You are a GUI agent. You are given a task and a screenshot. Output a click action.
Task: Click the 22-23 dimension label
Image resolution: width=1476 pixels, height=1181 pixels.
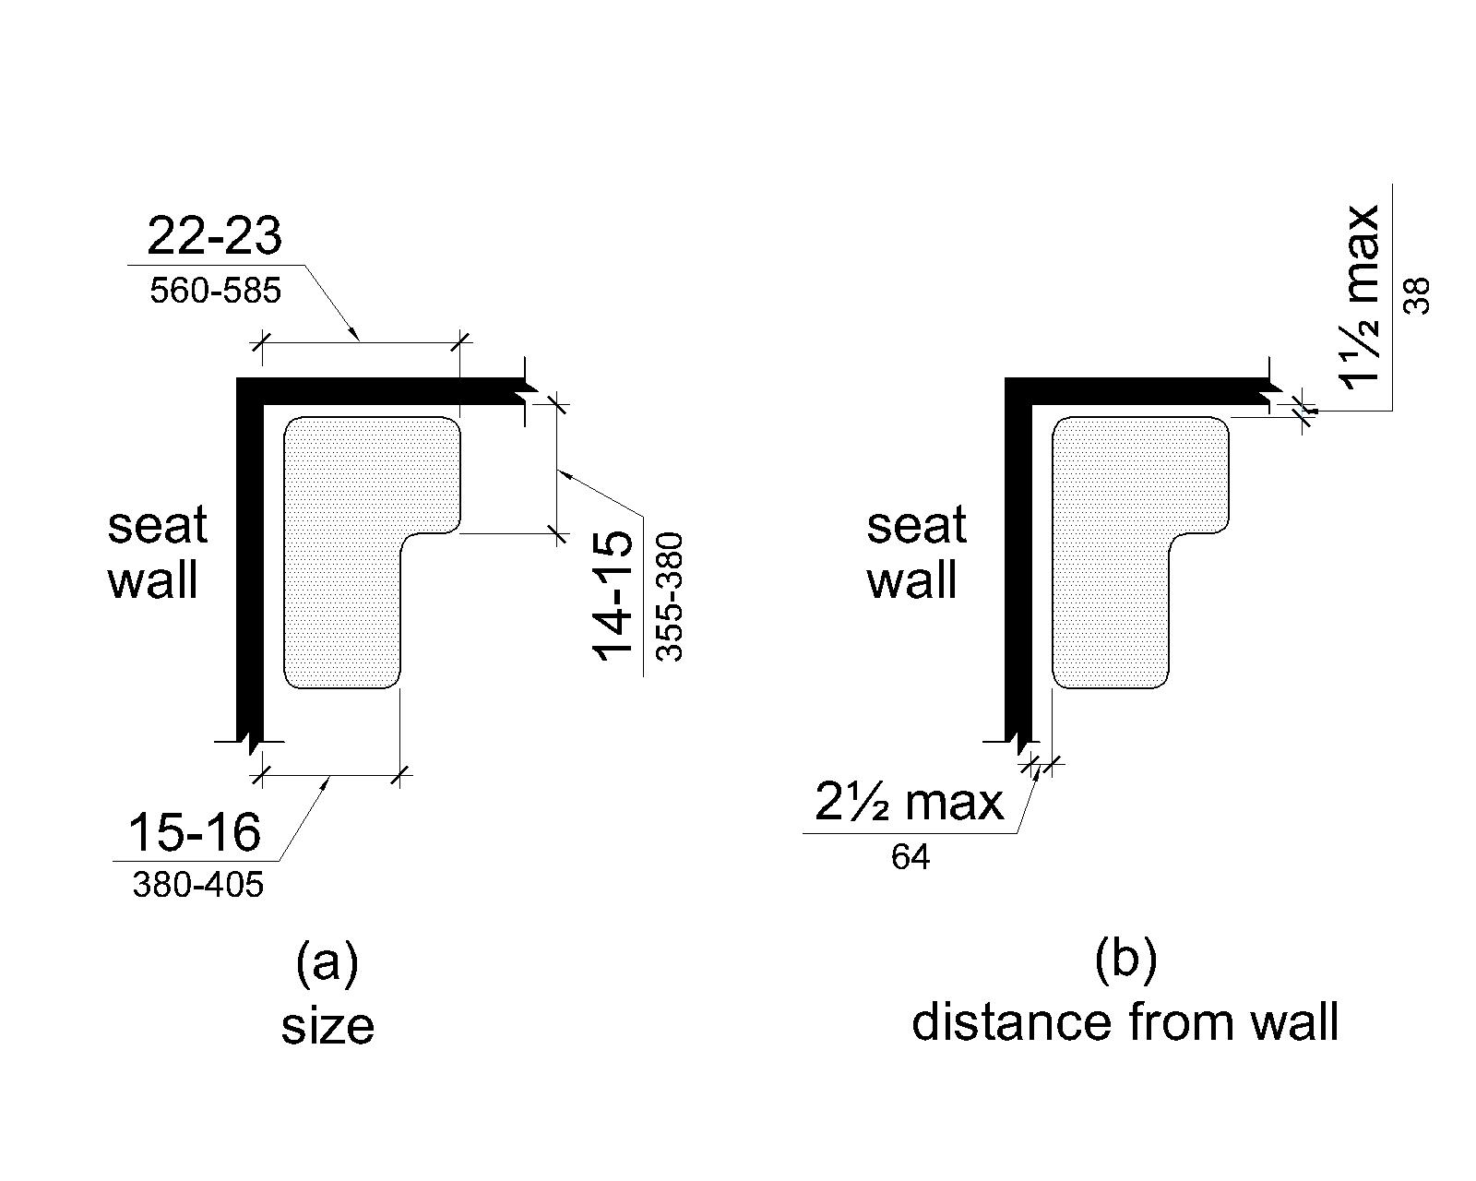pyautogui.click(x=214, y=237)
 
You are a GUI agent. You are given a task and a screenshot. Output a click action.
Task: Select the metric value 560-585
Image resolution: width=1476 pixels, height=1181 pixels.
pyautogui.click(x=214, y=292)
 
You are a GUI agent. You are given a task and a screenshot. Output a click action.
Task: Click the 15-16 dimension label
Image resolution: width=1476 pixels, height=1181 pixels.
pyautogui.click(x=194, y=832)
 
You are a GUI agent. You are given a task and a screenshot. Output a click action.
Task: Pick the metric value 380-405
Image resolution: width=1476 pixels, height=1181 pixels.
pyautogui.click(x=197, y=887)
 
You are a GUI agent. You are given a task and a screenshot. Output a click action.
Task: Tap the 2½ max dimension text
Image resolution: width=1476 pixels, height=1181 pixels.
pyautogui.click(x=909, y=803)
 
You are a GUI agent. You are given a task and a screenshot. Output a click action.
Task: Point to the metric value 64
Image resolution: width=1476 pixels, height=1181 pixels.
pyautogui.click(x=911, y=858)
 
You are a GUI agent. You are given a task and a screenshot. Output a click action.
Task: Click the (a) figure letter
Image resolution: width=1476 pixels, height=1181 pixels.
pyautogui.click(x=327, y=964)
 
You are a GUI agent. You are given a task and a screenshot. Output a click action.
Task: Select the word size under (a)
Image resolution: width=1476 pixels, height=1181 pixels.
pyautogui.click(x=327, y=1027)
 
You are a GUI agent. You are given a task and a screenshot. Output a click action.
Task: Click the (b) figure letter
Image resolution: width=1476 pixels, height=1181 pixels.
pyautogui.click(x=1125, y=960)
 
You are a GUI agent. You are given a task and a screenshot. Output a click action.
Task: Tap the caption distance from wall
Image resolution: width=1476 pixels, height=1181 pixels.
pyautogui.click(x=1125, y=1022)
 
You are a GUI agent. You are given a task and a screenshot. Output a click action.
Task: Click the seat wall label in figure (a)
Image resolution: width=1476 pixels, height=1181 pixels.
pyautogui.click(x=157, y=554)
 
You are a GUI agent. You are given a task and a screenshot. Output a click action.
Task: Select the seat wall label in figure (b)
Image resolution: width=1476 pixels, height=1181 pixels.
pyautogui.click(x=915, y=554)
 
